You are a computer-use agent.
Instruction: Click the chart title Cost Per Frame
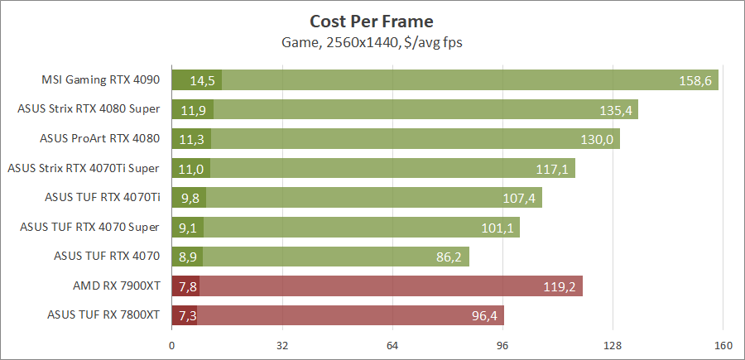372,21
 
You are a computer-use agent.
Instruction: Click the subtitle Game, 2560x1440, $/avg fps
372,42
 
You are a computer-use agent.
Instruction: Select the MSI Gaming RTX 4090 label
100,80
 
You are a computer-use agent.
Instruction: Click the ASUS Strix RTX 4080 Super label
89,109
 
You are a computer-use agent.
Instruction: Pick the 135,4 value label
618,110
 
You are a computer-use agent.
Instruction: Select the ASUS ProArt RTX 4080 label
99,139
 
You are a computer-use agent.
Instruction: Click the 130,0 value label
597,139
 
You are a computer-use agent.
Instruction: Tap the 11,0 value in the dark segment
191,169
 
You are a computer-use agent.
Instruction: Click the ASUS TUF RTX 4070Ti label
102,198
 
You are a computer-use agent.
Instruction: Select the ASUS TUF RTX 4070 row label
106,257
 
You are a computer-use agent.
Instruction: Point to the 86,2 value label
449,257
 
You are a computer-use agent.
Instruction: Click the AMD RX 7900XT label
116,286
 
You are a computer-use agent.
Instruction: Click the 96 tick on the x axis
502,345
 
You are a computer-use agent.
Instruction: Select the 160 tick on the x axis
723,345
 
